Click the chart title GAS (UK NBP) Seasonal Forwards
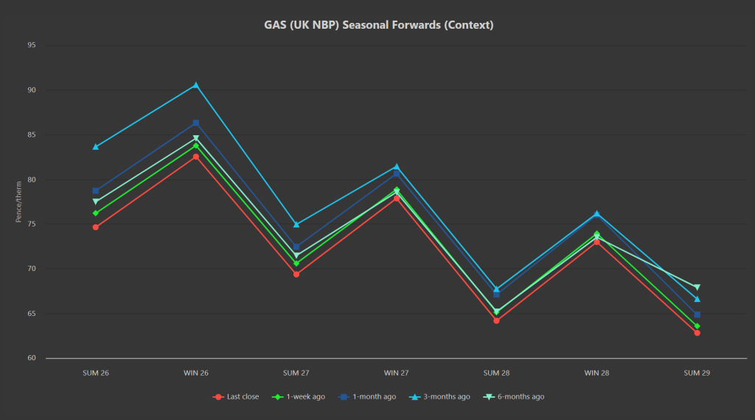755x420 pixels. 378,25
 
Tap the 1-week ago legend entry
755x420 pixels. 303,396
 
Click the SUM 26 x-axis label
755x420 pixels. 96,373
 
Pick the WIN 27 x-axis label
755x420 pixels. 397,373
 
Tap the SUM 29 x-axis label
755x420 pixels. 697,373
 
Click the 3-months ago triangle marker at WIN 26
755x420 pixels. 196,85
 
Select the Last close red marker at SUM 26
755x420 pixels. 96,227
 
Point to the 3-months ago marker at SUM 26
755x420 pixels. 96,147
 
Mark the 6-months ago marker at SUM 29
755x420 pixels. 697,287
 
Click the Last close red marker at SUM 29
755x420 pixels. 697,333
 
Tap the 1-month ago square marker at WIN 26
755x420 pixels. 196,123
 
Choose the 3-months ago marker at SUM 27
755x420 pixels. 296,224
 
